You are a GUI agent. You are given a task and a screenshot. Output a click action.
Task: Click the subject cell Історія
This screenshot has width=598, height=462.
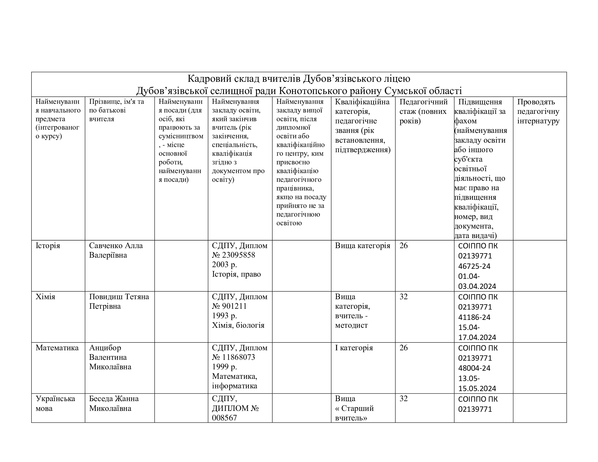[x=48, y=245]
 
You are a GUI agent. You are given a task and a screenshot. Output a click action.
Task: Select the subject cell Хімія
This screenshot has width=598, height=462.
[x=45, y=297]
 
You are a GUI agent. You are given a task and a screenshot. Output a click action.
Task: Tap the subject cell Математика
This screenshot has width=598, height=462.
[x=57, y=348]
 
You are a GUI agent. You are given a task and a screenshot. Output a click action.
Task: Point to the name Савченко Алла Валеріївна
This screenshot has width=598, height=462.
[x=116, y=250]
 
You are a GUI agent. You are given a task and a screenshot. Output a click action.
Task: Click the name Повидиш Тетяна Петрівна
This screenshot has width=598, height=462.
[x=119, y=301]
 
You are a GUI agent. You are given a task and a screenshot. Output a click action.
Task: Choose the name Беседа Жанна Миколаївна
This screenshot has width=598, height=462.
[x=114, y=403]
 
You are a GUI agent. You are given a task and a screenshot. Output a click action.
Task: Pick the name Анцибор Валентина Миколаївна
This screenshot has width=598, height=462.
[x=110, y=357]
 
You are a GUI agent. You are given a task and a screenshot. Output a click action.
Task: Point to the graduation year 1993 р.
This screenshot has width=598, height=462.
[x=224, y=316]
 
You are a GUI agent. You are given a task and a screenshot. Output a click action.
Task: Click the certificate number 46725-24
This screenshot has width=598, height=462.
[x=474, y=266]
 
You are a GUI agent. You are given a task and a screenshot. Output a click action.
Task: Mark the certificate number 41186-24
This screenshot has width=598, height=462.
[x=474, y=317]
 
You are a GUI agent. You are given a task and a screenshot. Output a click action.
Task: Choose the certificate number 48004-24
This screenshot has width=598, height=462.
[x=474, y=368]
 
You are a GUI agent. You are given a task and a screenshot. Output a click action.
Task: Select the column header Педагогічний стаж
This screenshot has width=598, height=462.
[x=423, y=107]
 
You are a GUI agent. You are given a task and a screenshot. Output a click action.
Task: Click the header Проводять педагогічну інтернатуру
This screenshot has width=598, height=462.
[x=538, y=111]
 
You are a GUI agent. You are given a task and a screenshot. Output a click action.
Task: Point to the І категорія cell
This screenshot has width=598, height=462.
[x=354, y=348]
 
